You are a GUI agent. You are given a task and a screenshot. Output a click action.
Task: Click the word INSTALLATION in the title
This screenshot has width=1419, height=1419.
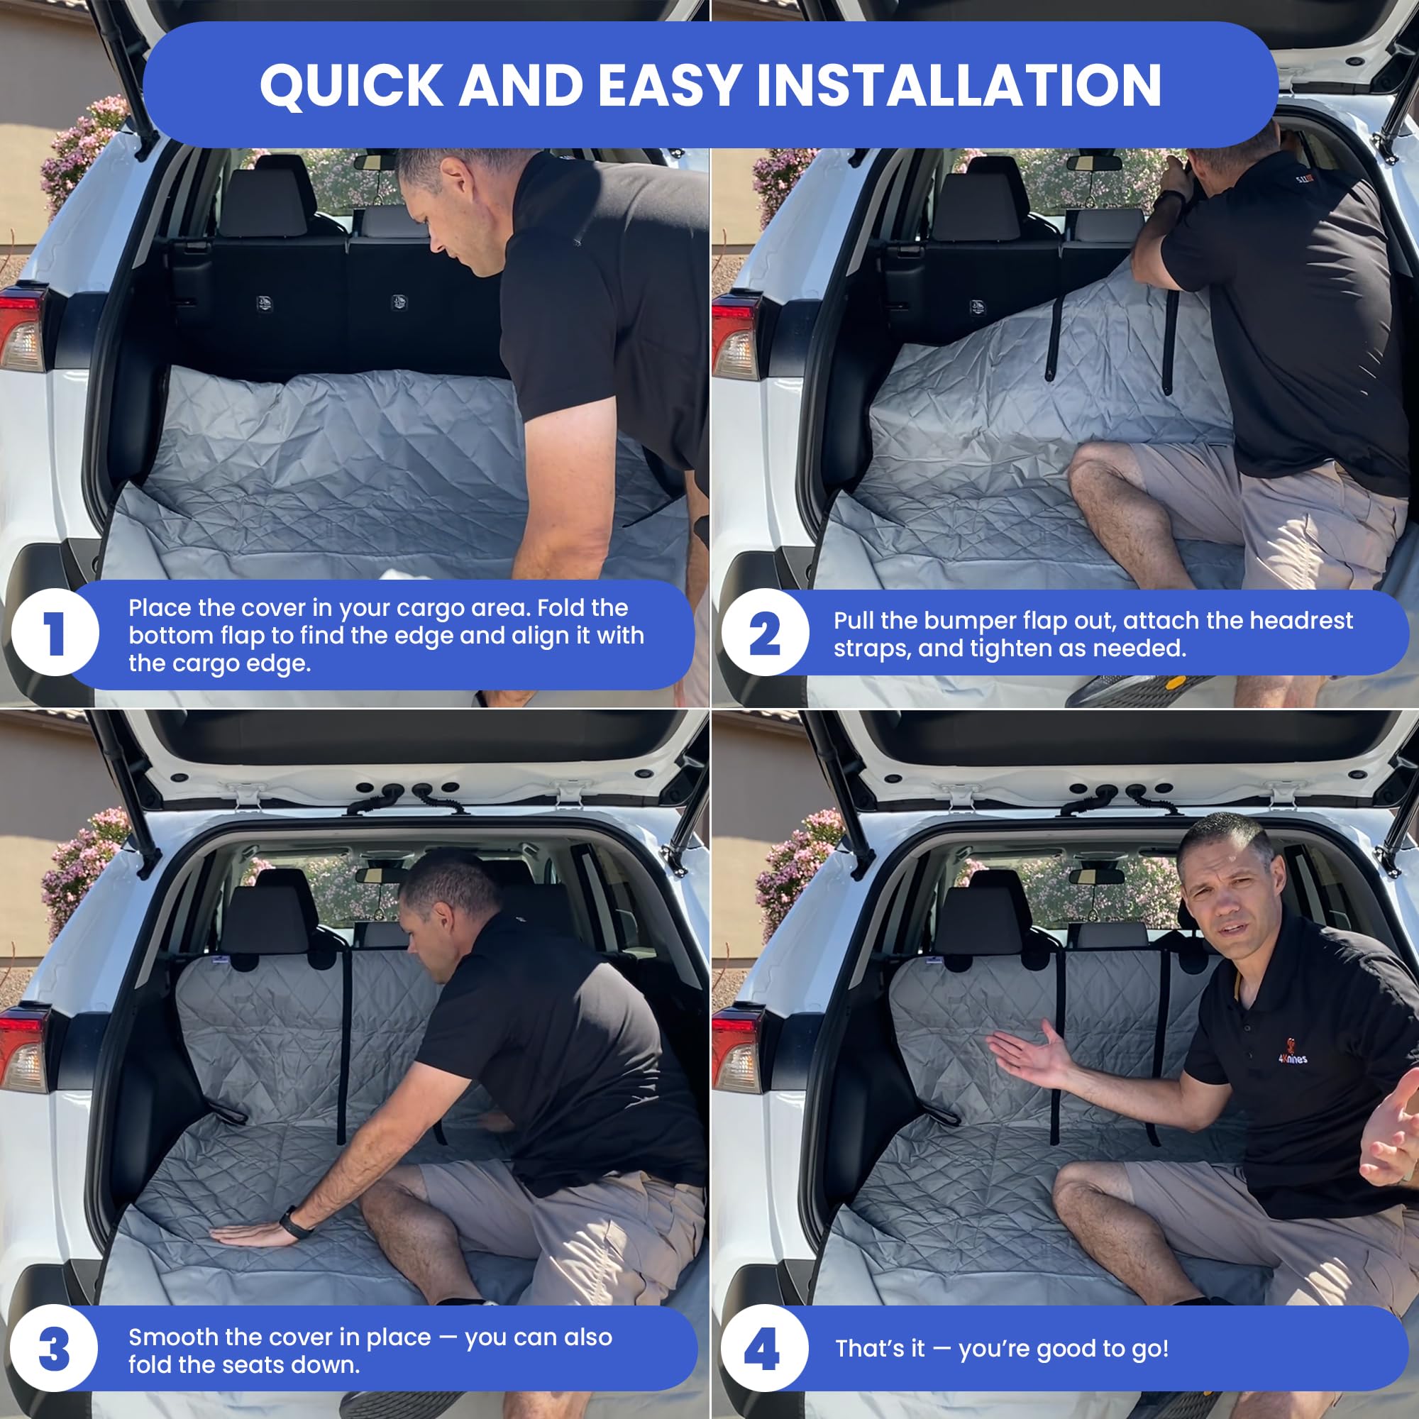click(x=959, y=85)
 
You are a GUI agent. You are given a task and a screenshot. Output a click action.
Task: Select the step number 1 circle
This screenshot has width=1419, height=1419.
click(x=55, y=632)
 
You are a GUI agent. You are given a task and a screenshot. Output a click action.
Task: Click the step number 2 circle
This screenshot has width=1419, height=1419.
click(x=765, y=632)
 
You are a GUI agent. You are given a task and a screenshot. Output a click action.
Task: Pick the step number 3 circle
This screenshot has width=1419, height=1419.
click(x=55, y=1348)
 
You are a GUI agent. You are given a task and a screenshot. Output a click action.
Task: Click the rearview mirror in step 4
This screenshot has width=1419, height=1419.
click(x=1096, y=876)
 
